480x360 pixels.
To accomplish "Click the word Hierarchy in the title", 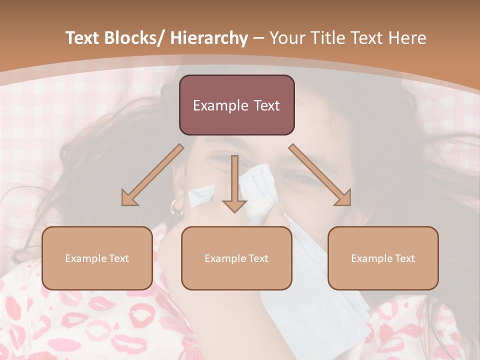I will point(209,38).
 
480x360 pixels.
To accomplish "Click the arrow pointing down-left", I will point(152,175).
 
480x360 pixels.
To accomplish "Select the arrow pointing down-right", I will point(320,175).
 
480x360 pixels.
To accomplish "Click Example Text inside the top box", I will point(236,105).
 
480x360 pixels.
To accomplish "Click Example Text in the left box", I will point(97,258).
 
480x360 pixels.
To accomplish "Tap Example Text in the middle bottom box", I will point(236,258).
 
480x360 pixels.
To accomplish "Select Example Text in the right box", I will point(383,258).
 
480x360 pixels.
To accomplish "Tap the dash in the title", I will point(258,38).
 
